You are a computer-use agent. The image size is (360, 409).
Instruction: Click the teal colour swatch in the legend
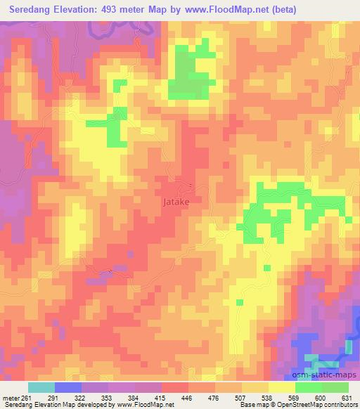coord(41,387)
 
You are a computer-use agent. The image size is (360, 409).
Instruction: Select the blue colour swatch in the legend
coord(68,387)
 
